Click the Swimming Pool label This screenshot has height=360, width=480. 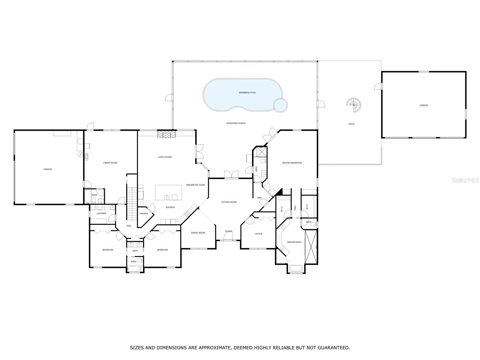coord(247,93)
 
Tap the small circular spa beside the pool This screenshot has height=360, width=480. coord(280,105)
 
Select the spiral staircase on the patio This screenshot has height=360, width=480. coord(354,105)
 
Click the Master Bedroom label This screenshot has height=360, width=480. coord(292,163)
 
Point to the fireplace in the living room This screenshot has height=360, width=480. coord(166,134)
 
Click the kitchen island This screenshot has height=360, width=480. coord(169,193)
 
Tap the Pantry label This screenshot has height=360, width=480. coord(144,214)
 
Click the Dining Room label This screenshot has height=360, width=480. coord(198,233)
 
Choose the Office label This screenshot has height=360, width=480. coord(259,234)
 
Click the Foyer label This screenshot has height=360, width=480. coord(228,231)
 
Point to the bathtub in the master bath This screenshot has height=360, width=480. coord(297,268)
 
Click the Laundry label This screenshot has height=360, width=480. coord(101,214)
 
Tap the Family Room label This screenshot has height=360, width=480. coord(110,163)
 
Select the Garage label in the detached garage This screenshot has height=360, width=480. coord(424,105)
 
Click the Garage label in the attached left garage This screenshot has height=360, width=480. coord(48,169)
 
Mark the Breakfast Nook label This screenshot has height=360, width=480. coord(196,185)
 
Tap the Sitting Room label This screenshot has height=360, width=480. coord(229,202)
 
